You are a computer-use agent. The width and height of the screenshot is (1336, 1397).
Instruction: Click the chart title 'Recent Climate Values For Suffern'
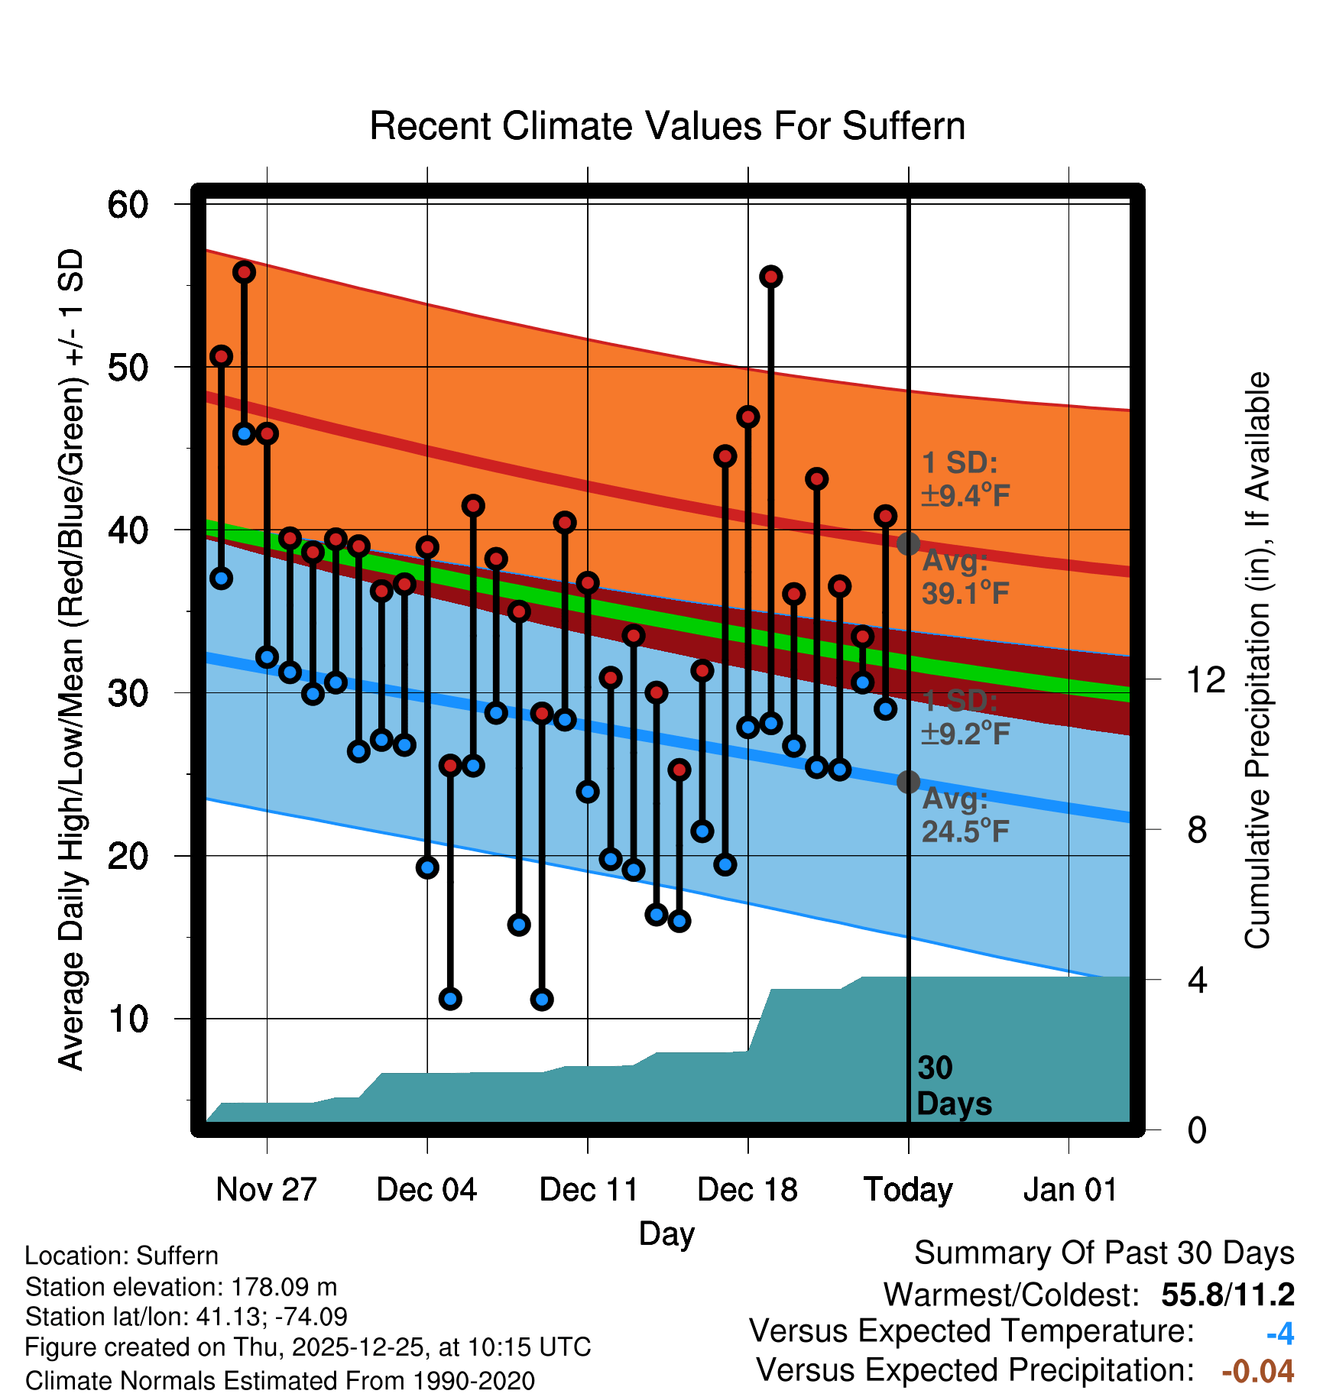tap(667, 126)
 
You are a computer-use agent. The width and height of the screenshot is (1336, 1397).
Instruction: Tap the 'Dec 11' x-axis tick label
tap(588, 1189)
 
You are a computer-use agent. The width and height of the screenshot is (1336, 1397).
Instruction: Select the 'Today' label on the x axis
tap(908, 1189)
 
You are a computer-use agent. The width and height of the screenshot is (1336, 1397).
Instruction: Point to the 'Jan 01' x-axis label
tap(1069, 1189)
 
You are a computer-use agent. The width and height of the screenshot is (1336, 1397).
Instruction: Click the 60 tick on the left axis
tap(128, 205)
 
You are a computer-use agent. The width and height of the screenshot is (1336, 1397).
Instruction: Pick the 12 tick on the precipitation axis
tap(1205, 679)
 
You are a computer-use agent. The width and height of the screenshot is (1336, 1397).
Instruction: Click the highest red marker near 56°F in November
tap(244, 272)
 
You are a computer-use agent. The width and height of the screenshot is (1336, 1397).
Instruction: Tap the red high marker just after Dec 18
tap(770, 277)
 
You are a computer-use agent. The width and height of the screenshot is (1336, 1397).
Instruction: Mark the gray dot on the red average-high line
tap(908, 544)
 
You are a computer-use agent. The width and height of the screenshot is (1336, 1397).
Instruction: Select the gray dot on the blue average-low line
tap(908, 782)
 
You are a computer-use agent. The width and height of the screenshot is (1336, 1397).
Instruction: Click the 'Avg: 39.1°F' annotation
tap(965, 577)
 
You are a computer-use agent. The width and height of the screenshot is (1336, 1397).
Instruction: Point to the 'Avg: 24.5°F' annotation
tap(965, 815)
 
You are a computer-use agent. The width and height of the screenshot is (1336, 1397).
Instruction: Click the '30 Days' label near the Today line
tap(953, 1086)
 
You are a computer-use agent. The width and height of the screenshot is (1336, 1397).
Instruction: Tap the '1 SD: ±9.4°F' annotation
tap(965, 479)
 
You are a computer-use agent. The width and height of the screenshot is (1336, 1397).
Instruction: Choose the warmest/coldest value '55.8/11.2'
tap(1227, 1295)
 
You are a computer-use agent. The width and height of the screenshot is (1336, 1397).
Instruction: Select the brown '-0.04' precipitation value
tap(1258, 1371)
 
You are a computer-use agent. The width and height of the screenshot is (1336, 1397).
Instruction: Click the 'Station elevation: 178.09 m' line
tap(181, 1287)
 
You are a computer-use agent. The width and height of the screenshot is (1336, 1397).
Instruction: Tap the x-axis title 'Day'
tap(666, 1233)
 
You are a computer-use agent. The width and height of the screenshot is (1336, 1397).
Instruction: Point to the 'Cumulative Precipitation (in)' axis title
tap(1257, 661)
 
